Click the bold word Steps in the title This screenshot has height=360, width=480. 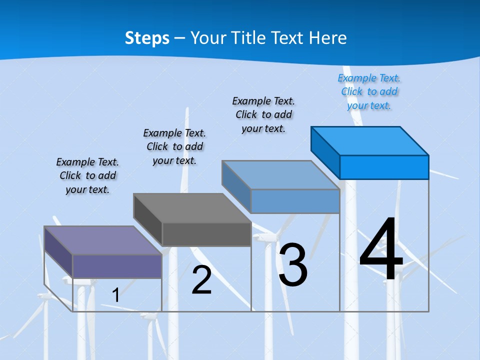pyautogui.click(x=147, y=38)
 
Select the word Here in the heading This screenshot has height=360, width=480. pyautogui.click(x=327, y=38)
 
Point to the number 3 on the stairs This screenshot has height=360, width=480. pyautogui.click(x=292, y=265)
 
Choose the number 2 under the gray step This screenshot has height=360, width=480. pyautogui.click(x=201, y=280)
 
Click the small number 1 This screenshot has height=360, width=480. pyautogui.click(x=115, y=295)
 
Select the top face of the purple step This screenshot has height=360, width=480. pyautogui.click(x=102, y=240)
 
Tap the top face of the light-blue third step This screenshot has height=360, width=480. pyautogui.click(x=280, y=175)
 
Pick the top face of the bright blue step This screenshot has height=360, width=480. pyautogui.click(x=369, y=141)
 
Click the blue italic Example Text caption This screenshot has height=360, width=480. pyautogui.click(x=369, y=91)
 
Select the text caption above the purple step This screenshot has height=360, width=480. pyautogui.click(x=87, y=175)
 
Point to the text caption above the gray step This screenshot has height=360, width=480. pyautogui.click(x=174, y=146)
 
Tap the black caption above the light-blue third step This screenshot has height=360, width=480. pyautogui.click(x=263, y=114)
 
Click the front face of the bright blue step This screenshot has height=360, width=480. pyautogui.click(x=384, y=167)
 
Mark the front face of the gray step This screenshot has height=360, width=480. pyautogui.click(x=206, y=234)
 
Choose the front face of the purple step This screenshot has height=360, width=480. pyautogui.click(x=117, y=266)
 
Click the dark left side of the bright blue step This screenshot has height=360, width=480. pyautogui.click(x=325, y=150)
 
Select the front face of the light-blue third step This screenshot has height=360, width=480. pyautogui.click(x=295, y=201)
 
